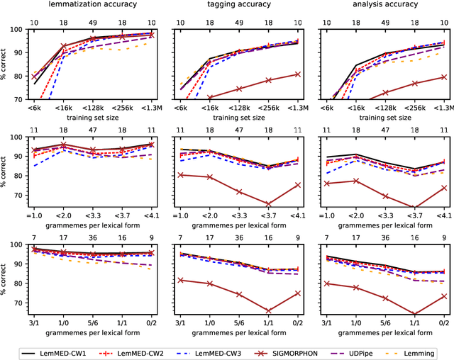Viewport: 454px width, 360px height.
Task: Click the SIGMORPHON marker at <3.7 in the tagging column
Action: [267, 204]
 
